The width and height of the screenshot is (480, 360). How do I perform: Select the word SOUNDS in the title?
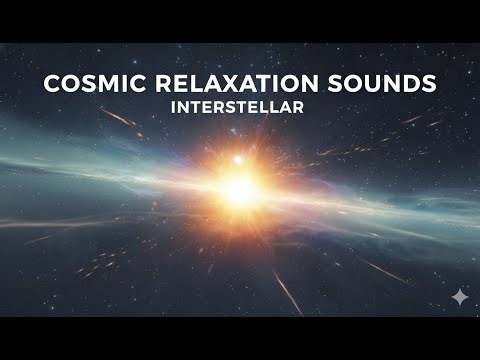(x=385, y=85)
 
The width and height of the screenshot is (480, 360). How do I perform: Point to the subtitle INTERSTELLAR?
(x=240, y=107)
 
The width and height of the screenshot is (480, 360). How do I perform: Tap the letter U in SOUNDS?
(x=378, y=85)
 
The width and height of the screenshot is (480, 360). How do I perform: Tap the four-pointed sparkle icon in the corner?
(x=458, y=296)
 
